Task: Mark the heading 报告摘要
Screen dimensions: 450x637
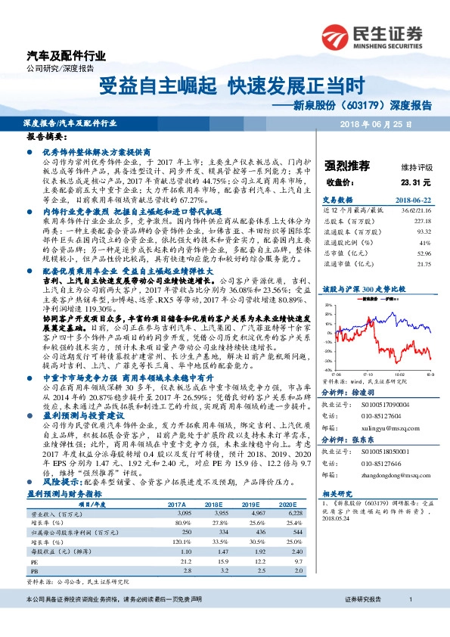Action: click(x=47, y=139)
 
